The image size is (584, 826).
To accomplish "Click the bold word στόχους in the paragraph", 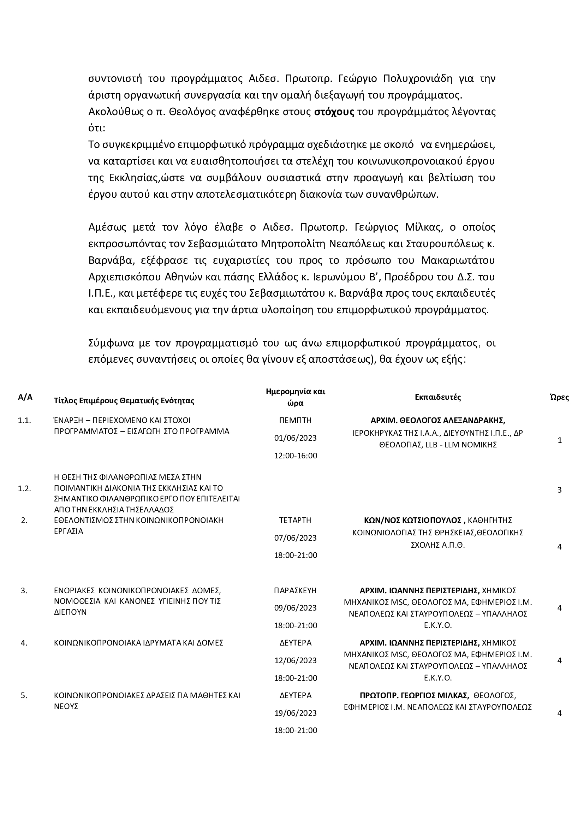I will click(x=334, y=112).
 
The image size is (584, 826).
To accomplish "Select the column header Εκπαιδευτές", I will click(x=437, y=397).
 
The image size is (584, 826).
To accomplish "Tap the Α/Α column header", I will click(x=25, y=397).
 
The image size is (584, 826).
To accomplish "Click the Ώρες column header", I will click(x=559, y=397).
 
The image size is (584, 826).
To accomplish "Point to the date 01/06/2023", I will click(x=295, y=438).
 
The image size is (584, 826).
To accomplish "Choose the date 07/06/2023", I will click(x=295, y=538).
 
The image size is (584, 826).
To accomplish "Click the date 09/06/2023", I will click(x=295, y=608).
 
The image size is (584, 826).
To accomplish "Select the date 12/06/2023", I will click(x=295, y=660).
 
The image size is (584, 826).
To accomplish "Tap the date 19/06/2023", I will click(x=295, y=713).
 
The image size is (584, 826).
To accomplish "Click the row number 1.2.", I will click(x=24, y=488).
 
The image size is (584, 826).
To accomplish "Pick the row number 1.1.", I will click(x=24, y=420).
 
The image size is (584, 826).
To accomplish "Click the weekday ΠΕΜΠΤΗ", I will click(x=295, y=420).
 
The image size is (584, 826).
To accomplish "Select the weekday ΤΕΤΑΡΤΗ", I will click(x=295, y=520).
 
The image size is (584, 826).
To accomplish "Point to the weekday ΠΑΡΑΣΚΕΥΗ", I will click(x=295, y=590).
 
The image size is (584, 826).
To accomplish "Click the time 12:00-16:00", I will click(x=296, y=456).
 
